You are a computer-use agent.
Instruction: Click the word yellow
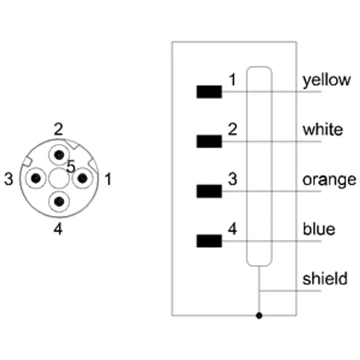point(327,81)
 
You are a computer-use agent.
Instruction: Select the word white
point(323,129)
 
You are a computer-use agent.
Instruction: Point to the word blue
point(319,229)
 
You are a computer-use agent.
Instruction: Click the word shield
point(325,279)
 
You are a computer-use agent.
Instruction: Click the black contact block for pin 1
point(209,92)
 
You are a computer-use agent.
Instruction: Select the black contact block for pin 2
point(209,141)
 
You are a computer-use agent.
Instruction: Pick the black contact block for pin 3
point(209,191)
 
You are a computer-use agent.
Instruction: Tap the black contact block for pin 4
point(209,241)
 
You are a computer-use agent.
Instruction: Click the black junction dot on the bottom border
point(259,316)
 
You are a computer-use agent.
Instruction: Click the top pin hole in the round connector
point(59,155)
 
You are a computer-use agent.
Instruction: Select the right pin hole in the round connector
point(82,178)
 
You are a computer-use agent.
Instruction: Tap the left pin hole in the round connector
point(36,178)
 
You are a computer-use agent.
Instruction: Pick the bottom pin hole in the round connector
point(59,202)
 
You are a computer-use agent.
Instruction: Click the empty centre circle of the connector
point(59,178)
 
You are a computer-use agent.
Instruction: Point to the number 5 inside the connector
point(71,166)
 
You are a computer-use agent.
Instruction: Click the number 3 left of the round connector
point(9,179)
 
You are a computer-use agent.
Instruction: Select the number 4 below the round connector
point(58,229)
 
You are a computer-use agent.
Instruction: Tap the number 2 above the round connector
point(58,129)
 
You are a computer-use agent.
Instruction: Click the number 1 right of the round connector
point(108,179)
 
